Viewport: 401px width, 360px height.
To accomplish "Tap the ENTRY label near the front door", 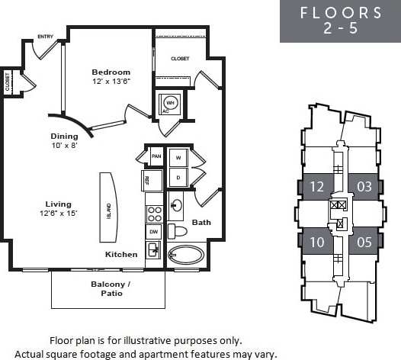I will (x=45, y=36).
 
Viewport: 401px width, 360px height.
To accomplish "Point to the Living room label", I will (x=58, y=204).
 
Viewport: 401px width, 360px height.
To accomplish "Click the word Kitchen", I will (x=121, y=254).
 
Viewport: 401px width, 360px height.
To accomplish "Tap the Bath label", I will (x=201, y=223).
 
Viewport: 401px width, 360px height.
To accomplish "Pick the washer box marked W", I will (x=178, y=157).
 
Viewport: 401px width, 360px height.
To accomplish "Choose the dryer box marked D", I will (x=178, y=178).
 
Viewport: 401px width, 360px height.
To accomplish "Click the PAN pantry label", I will (x=156, y=156).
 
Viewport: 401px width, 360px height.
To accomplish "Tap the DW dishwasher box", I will (x=154, y=231).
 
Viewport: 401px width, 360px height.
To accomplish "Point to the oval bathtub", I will (x=186, y=255).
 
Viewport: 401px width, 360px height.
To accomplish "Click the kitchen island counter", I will (x=107, y=207).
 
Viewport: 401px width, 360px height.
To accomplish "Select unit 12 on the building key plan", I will (x=316, y=186).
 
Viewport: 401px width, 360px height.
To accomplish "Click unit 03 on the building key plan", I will (x=364, y=186).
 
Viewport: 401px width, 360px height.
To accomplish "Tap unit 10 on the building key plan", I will (x=316, y=243).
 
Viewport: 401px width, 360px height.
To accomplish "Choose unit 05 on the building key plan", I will (x=364, y=243).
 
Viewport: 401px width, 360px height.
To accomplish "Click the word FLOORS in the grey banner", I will (x=341, y=12).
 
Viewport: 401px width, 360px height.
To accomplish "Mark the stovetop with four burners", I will (x=154, y=207).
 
